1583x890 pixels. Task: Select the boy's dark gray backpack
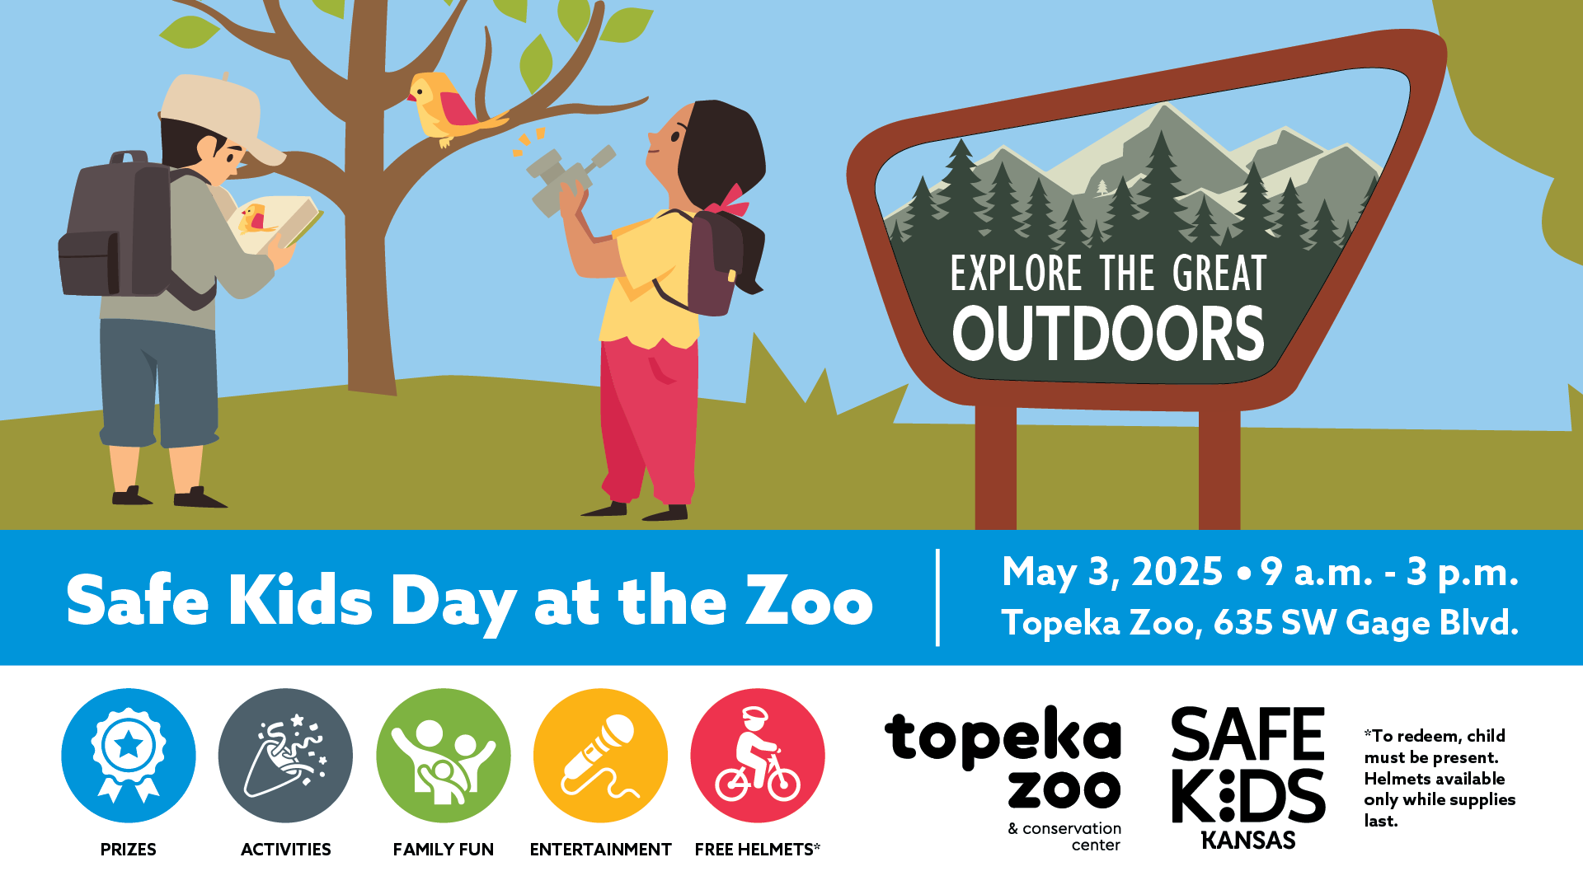124,227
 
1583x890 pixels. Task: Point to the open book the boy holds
276,222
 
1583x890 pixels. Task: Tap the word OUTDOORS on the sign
1108,334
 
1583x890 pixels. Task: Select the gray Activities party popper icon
285,756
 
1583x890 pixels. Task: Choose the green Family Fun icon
444,756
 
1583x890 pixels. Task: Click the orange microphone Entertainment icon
600,756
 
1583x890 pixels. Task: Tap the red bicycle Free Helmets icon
758,756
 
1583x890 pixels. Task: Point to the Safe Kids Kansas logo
1248,778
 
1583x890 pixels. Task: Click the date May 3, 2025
1112,572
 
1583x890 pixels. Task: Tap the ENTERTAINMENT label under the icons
600,850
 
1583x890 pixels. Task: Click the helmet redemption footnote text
1440,778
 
